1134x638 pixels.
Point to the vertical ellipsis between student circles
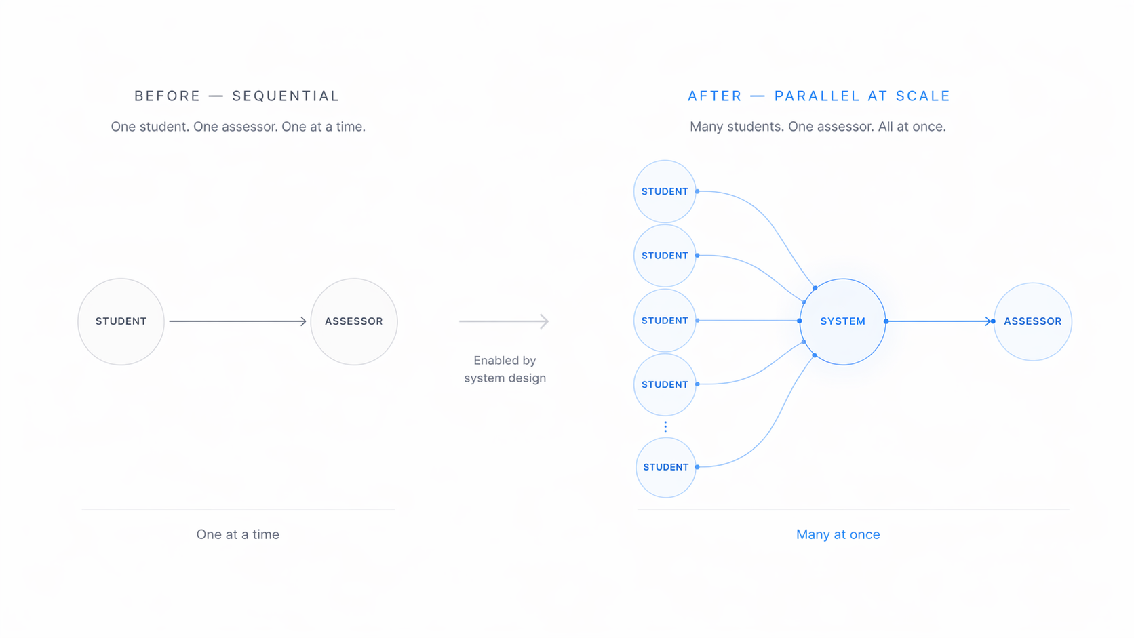665,427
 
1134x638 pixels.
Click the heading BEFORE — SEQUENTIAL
237,96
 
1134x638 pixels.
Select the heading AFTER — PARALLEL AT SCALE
819,96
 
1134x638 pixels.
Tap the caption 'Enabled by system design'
505,370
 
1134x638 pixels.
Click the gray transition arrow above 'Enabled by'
504,321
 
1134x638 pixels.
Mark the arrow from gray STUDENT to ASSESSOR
237,321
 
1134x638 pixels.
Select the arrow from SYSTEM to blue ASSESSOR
939,321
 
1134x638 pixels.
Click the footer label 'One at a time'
237,534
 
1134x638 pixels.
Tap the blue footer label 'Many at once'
838,534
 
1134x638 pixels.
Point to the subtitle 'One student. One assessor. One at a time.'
238,127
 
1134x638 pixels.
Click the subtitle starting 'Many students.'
817,127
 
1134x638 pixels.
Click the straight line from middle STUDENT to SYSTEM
748,321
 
